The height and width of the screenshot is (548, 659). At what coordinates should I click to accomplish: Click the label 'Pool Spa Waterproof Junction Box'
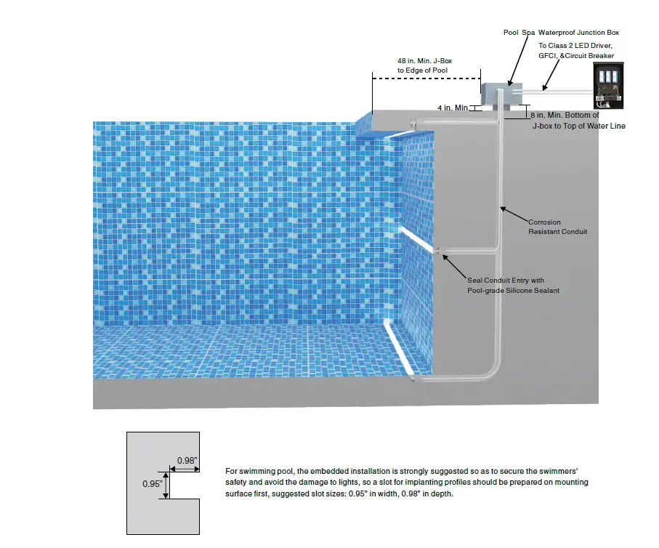561,33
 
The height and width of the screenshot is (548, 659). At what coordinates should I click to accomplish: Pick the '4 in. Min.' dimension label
453,108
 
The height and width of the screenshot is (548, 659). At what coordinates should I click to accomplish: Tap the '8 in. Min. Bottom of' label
565,115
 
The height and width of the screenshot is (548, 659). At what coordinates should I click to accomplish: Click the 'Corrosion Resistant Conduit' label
557,227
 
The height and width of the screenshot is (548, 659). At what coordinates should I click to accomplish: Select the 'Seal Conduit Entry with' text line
505,280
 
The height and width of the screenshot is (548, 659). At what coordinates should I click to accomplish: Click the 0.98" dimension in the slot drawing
187,461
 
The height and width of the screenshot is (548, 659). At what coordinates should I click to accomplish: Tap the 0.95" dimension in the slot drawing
151,484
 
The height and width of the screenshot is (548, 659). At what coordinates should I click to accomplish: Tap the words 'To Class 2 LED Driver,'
576,45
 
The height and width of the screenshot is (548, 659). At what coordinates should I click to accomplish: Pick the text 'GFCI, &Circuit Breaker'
576,55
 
